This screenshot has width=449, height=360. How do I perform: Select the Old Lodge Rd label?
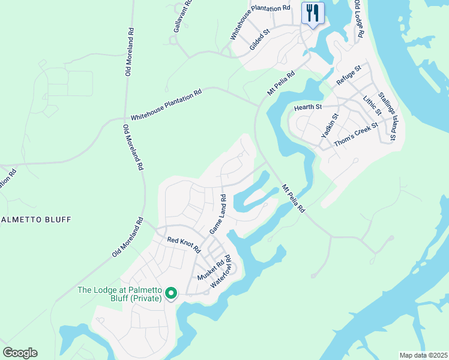point(358,19)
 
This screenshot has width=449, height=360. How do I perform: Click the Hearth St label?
point(308,107)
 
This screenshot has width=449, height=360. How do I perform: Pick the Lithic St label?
point(372,104)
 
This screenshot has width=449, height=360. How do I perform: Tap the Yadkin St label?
point(330,126)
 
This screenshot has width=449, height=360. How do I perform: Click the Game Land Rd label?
point(217,214)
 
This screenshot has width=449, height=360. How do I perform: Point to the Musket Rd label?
point(211,268)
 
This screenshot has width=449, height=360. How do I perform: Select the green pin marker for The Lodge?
point(171,293)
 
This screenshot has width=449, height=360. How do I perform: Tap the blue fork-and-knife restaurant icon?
point(313,13)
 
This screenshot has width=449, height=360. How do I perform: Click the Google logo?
point(20,353)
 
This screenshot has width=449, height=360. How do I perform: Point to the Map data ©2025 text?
point(423,355)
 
